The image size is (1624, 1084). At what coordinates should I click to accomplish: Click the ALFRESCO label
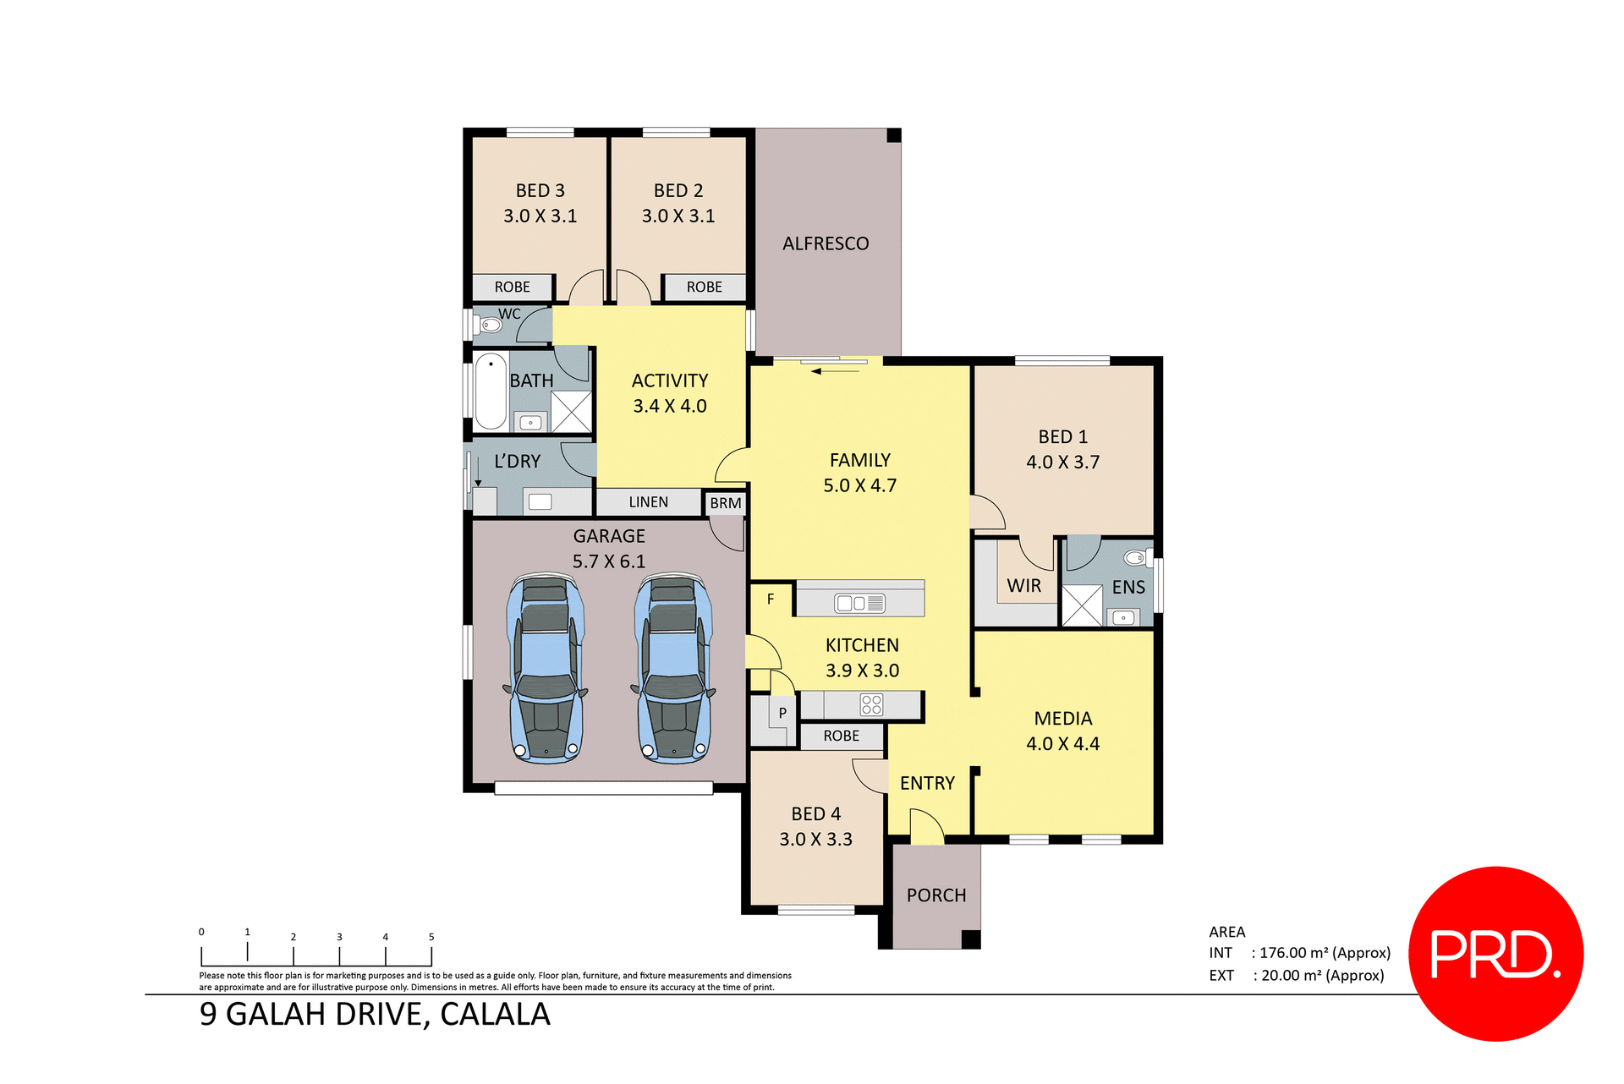pos(826,244)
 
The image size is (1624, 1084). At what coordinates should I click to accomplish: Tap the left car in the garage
pos(546,668)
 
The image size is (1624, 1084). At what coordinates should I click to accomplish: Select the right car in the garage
pos(673,668)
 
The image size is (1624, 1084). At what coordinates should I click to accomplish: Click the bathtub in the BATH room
pos(491,392)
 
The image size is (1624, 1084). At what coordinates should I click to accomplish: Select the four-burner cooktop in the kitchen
pos(871,704)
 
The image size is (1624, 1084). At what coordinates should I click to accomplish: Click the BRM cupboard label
pos(726,504)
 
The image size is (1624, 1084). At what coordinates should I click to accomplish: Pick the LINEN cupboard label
pos(649,502)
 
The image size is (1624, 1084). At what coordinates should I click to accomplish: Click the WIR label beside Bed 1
pos(1023,586)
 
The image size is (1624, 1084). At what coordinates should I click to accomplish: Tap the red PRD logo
pos(1495,954)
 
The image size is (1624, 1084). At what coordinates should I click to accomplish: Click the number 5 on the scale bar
pos(431,937)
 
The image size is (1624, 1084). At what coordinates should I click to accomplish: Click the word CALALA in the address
pos(495,1015)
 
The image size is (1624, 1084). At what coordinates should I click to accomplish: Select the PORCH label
pos(936,895)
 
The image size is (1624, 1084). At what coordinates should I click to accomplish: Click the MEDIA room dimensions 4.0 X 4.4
pos(1063,744)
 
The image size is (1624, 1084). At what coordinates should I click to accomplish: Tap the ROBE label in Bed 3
pos(513,287)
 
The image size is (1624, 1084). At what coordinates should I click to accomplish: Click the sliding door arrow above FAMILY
pos(833,371)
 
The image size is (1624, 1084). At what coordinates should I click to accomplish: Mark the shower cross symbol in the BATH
pos(572,412)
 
